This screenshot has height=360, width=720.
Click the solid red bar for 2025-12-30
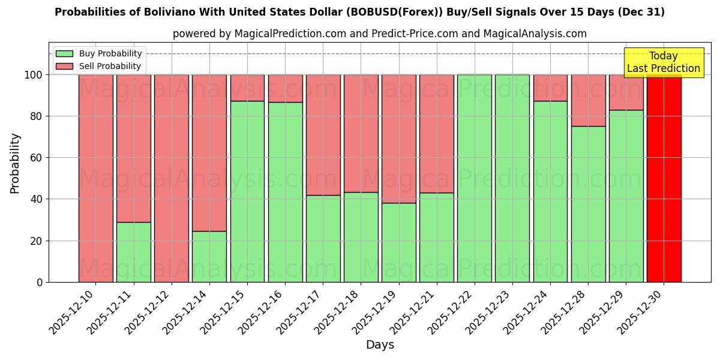tap(664, 178)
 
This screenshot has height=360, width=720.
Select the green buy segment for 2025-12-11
tap(133, 252)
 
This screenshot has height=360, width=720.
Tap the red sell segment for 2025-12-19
tap(399, 139)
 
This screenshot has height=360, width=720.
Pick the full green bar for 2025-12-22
tap(475, 178)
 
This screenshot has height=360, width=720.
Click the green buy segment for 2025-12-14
tap(209, 256)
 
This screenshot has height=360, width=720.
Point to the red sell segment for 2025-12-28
tap(588, 100)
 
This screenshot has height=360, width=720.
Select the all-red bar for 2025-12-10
tap(95, 178)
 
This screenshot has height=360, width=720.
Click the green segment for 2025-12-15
tap(247, 191)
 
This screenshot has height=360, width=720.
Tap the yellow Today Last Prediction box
tap(663, 62)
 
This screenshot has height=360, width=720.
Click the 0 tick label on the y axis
tap(40, 282)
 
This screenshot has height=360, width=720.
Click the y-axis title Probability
tap(15, 163)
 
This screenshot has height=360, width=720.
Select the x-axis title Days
tap(380, 345)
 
